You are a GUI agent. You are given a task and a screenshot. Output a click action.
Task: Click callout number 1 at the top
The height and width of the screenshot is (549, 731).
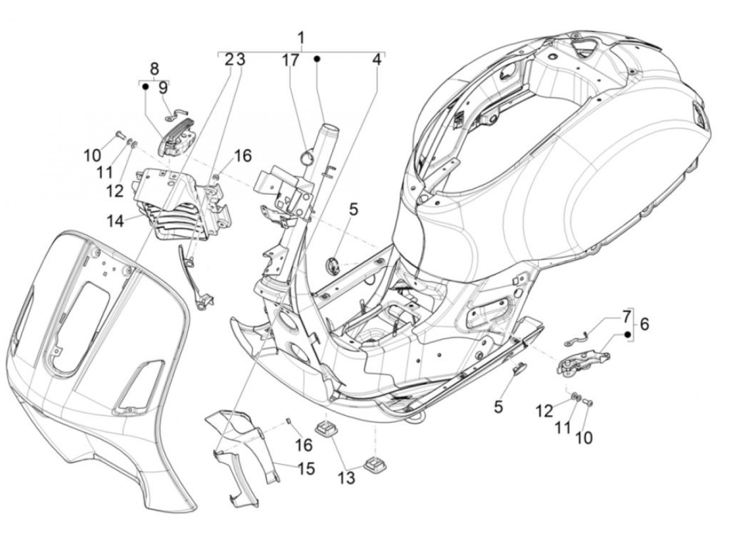(x=301, y=38)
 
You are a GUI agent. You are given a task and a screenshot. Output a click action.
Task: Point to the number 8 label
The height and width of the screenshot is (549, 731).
(x=155, y=68)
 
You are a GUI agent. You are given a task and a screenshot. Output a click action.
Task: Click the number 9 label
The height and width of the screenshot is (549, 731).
(x=163, y=87)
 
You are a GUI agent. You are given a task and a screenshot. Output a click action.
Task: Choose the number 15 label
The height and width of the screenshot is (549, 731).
(x=306, y=469)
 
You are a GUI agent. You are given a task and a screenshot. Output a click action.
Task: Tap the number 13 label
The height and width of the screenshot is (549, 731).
(x=347, y=477)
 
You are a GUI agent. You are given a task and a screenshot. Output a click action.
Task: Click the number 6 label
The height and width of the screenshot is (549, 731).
(x=644, y=324)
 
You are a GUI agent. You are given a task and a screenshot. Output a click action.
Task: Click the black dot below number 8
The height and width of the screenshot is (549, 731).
(x=146, y=87)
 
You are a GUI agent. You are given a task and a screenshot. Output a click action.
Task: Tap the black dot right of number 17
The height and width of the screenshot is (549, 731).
(x=316, y=59)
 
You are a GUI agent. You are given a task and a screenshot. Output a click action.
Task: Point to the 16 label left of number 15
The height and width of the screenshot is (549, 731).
(x=304, y=445)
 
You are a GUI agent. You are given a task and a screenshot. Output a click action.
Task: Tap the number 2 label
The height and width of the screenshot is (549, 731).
(x=229, y=59)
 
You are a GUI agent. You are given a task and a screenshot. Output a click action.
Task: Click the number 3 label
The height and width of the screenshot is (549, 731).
(x=241, y=59)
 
